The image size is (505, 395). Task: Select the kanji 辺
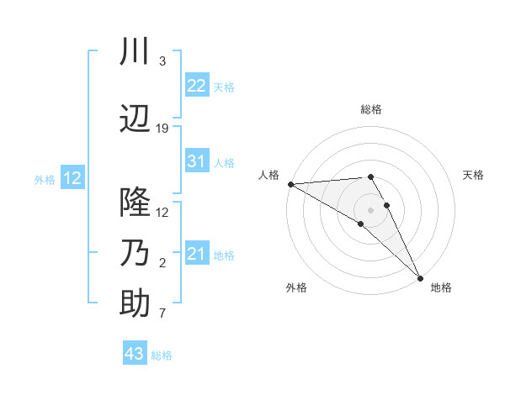[135, 119]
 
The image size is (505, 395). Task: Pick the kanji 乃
[135, 253]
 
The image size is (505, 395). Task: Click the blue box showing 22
[197, 86]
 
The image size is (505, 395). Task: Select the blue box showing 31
[197, 161]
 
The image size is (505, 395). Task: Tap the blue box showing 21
[197, 254]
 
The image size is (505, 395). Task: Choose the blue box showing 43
[135, 354]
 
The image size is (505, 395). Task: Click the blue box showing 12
[72, 178]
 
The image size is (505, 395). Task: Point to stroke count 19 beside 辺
[162, 129]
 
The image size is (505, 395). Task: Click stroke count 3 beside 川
[162, 61]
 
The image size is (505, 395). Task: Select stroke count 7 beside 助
[162, 314]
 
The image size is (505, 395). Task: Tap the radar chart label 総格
[371, 109]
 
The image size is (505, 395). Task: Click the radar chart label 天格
[474, 175]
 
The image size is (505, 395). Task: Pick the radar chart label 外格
[296, 287]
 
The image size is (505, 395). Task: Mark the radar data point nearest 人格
[290, 183]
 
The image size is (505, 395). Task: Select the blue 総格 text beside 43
[162, 355]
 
